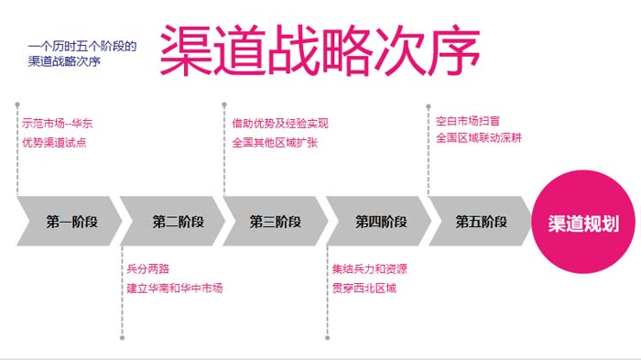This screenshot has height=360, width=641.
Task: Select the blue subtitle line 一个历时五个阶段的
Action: pos(82,45)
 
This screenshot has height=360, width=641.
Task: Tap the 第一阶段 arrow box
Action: pos(70,222)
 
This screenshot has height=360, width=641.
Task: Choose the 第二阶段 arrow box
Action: pos(174,222)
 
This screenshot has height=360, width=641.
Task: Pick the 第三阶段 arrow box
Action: pos(276,222)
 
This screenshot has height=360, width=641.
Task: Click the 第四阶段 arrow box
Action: pos(379,222)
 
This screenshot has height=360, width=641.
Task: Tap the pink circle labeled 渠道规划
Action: pos(582,223)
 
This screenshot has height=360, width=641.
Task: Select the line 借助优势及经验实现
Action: pos(279,124)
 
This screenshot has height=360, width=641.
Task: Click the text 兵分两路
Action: pos(147,269)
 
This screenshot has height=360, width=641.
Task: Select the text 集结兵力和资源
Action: pos(370,269)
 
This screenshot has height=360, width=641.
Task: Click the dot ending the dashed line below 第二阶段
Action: pos(122,337)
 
